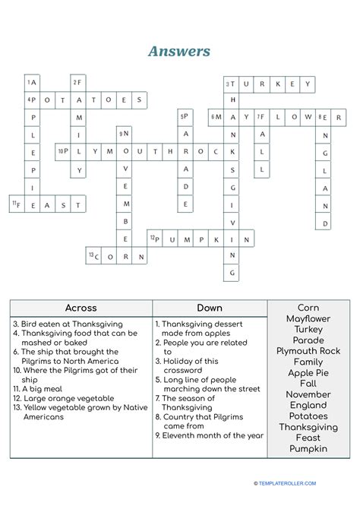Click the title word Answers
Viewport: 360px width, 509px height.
pos(180,52)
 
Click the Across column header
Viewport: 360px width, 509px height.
pos(81,308)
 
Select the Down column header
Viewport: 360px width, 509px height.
pos(209,308)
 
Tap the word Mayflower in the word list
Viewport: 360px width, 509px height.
pos(308,318)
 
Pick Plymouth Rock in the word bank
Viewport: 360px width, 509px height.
pos(308,351)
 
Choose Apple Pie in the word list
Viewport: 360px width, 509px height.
pos(308,373)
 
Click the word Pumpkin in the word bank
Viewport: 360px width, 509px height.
pos(308,449)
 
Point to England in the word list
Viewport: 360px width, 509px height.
pos(308,405)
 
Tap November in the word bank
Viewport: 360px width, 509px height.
pos(308,394)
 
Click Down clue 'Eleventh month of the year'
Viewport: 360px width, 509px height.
pos(210,435)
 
